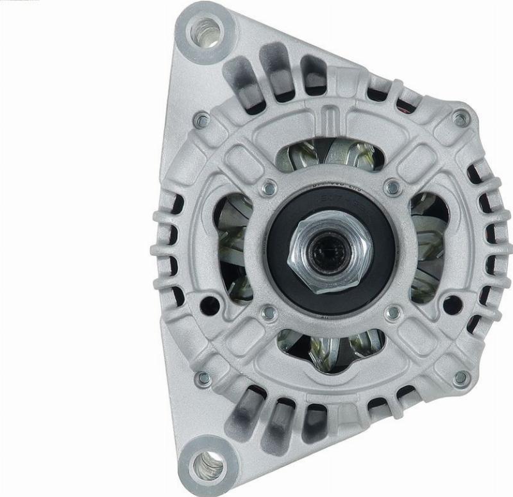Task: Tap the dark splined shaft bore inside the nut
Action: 328,246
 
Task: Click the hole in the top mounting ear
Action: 208,29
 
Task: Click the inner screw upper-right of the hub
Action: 392,187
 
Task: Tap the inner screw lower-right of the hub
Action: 392,313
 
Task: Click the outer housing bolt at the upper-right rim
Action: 460,118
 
